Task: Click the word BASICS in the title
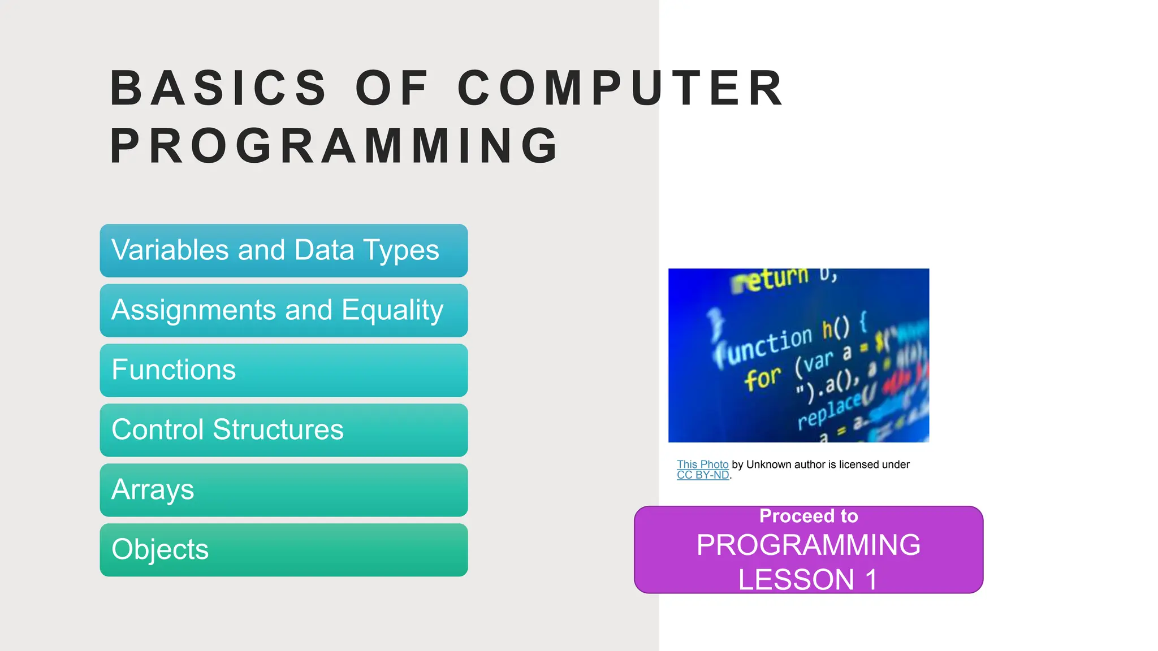pos(218,88)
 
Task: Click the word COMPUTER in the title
pos(620,88)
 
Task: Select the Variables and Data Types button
pos(283,250)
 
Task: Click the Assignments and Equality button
pos(283,310)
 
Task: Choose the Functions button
pos(283,370)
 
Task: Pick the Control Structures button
pos(283,430)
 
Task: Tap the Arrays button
pos(283,490)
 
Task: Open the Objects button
pos(283,550)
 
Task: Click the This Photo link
pos(702,465)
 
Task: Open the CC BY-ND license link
pos(702,475)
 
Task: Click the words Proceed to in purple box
pos(809,516)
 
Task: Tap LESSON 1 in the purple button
pos(809,580)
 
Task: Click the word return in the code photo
pos(772,279)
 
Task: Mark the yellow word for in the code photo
pos(762,379)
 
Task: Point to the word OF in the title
pos(391,88)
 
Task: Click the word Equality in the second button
pos(392,310)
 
